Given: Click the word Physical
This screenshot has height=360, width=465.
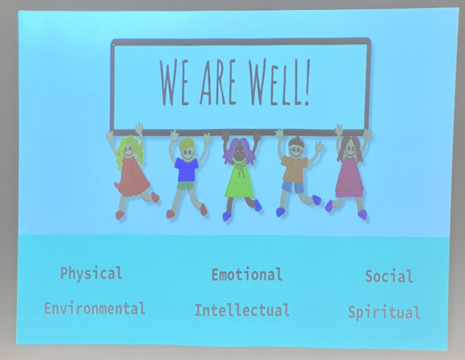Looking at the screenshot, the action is tap(91, 273).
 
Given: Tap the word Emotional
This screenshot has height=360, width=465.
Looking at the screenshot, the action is tap(246, 275).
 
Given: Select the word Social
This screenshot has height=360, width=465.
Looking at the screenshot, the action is tap(389, 276).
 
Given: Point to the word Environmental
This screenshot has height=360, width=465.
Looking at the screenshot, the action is tap(95, 309).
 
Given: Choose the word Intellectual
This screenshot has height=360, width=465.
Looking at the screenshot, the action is tap(242, 310).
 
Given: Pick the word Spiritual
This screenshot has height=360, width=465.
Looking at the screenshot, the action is tap(384, 313).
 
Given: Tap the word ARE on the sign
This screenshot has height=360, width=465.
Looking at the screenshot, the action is tap(219, 82).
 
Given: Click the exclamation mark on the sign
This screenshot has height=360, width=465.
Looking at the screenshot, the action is tap(307, 81).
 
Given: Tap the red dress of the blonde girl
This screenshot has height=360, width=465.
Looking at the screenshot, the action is tap(132, 177).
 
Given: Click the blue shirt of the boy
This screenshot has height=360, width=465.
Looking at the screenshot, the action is tap(187, 169).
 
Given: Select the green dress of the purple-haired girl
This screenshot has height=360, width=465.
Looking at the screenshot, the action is tap(239, 180).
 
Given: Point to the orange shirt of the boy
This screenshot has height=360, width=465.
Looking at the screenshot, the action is tap(294, 168).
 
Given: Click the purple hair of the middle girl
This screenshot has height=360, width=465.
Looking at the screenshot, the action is tap(239, 150).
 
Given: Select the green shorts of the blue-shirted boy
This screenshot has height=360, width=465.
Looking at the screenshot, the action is tap(185, 186).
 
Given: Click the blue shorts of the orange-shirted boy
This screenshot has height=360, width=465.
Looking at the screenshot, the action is tap(293, 188).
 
